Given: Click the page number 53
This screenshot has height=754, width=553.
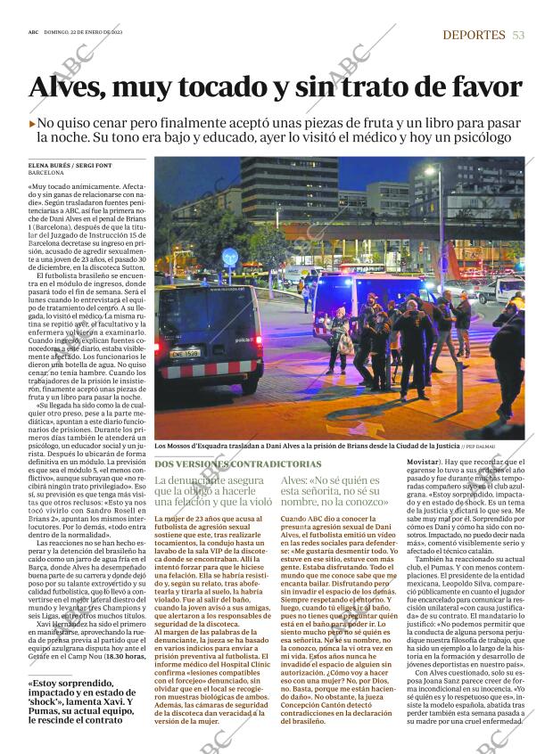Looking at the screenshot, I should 518,35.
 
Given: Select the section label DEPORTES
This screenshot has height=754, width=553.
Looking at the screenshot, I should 474,35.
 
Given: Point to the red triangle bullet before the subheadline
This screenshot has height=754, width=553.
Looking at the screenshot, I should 32,123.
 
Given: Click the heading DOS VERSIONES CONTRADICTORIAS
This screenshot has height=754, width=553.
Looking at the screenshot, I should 236,464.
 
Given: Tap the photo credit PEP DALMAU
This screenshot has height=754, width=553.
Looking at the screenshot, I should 507,447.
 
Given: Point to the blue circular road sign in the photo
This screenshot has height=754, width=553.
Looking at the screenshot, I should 229,255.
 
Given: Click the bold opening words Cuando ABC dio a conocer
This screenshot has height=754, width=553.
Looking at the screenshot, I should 322,518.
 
